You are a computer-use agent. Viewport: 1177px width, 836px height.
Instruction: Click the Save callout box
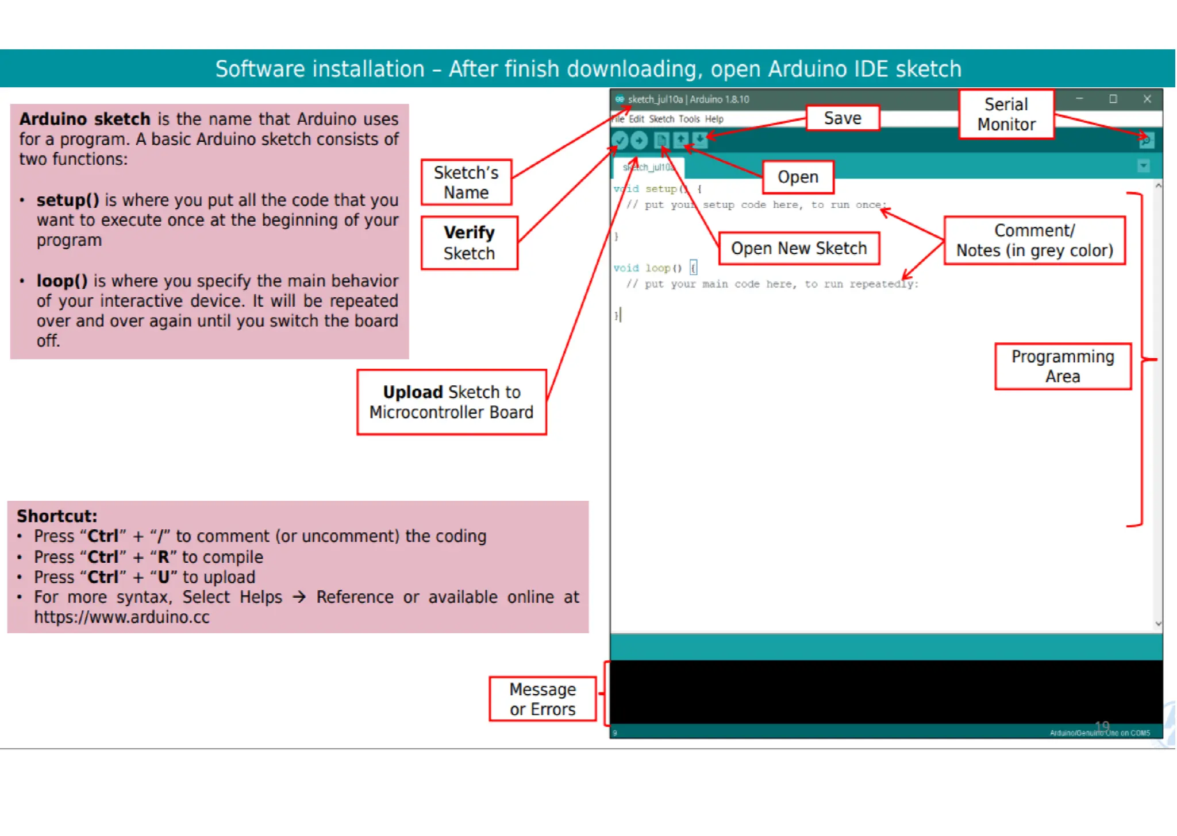(843, 118)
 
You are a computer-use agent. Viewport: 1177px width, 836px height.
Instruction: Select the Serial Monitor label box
(1006, 114)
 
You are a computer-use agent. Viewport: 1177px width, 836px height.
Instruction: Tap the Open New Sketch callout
(799, 248)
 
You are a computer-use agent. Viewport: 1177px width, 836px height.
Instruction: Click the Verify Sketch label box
(469, 243)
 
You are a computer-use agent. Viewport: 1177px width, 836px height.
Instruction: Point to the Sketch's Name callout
(466, 182)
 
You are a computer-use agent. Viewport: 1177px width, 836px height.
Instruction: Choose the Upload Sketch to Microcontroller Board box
(452, 402)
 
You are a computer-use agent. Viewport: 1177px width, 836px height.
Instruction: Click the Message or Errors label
(543, 699)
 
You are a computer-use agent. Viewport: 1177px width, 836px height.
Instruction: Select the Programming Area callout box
(1063, 366)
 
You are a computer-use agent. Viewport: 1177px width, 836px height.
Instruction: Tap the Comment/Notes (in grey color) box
(1034, 241)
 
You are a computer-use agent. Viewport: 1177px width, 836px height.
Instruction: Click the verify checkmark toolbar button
(620, 140)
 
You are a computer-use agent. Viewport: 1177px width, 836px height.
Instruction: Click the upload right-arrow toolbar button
(639, 140)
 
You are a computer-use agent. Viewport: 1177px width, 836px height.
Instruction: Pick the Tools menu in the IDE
(688, 119)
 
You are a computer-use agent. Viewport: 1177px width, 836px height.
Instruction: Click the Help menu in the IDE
(714, 119)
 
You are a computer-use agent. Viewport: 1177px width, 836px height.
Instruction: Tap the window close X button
(1147, 99)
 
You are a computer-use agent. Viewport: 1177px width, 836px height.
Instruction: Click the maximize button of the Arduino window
(1113, 99)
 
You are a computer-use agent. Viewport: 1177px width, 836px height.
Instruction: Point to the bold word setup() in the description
(68, 200)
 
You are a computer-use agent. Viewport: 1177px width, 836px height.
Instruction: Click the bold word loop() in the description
(62, 281)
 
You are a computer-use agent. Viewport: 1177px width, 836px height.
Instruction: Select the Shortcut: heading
(57, 516)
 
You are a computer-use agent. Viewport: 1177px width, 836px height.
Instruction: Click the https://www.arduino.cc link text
(122, 617)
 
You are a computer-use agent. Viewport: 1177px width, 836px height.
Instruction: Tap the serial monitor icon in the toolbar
(1145, 140)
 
